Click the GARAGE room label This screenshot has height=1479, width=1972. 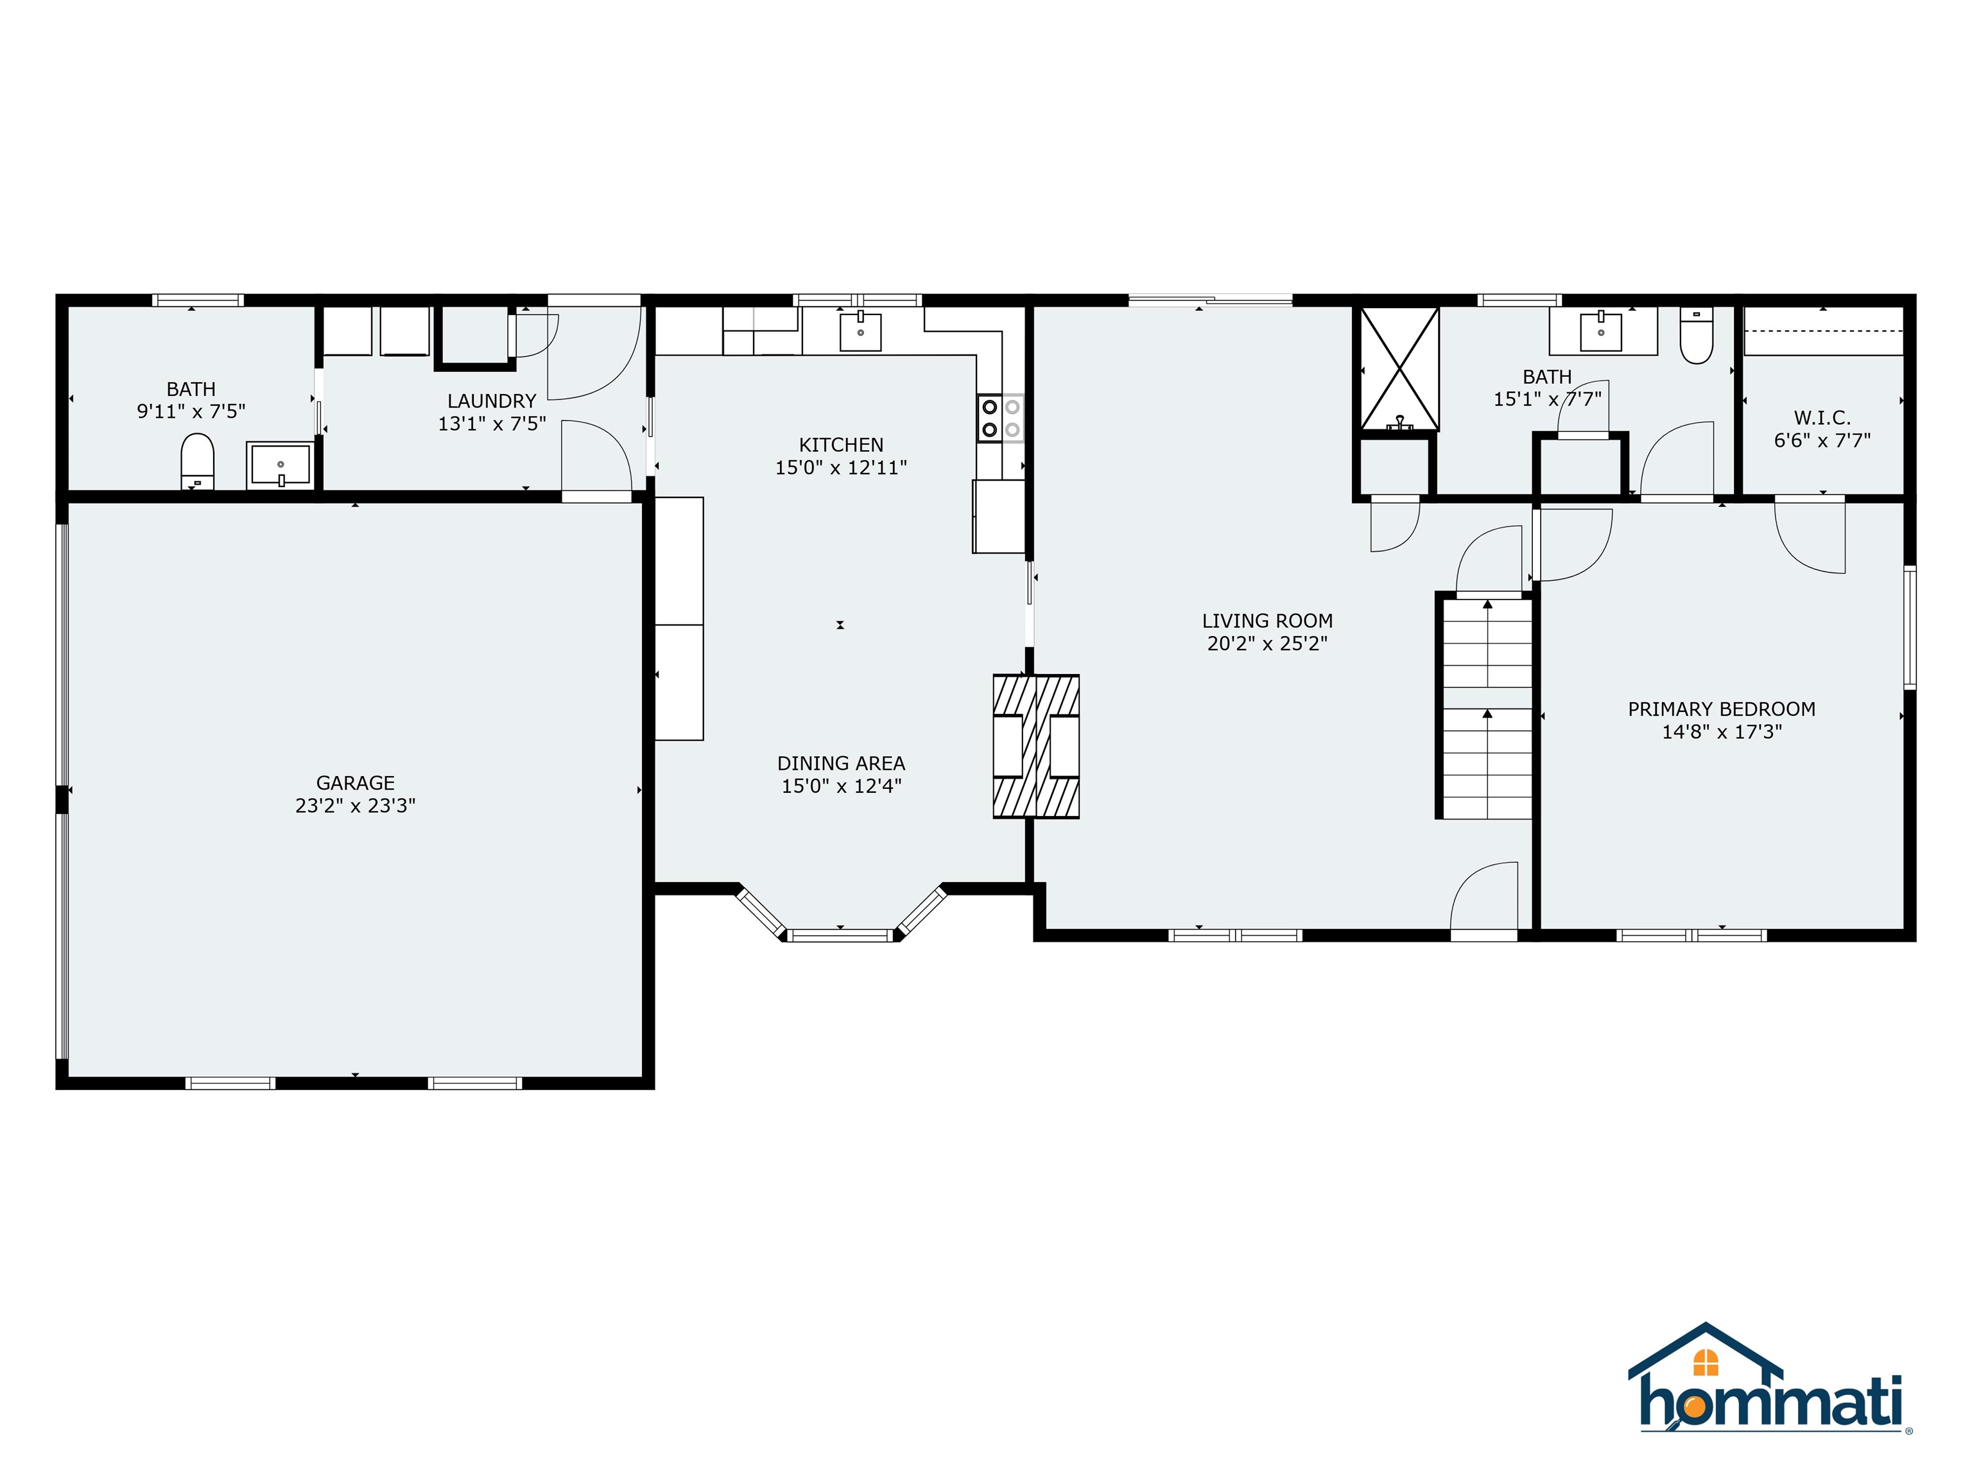point(356,783)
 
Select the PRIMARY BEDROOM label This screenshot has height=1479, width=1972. point(1722,709)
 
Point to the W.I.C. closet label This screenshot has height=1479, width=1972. point(1822,417)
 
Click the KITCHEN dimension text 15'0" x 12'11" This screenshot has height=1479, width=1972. point(841,467)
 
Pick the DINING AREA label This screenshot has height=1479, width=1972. point(841,763)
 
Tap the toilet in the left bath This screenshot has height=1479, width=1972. point(197,462)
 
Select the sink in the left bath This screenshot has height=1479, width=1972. point(280,465)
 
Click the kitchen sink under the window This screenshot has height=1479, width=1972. point(860,331)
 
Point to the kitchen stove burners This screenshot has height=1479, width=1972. point(1000,418)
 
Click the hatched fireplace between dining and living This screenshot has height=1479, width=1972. point(1036,746)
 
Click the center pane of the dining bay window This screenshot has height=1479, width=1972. point(840,935)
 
